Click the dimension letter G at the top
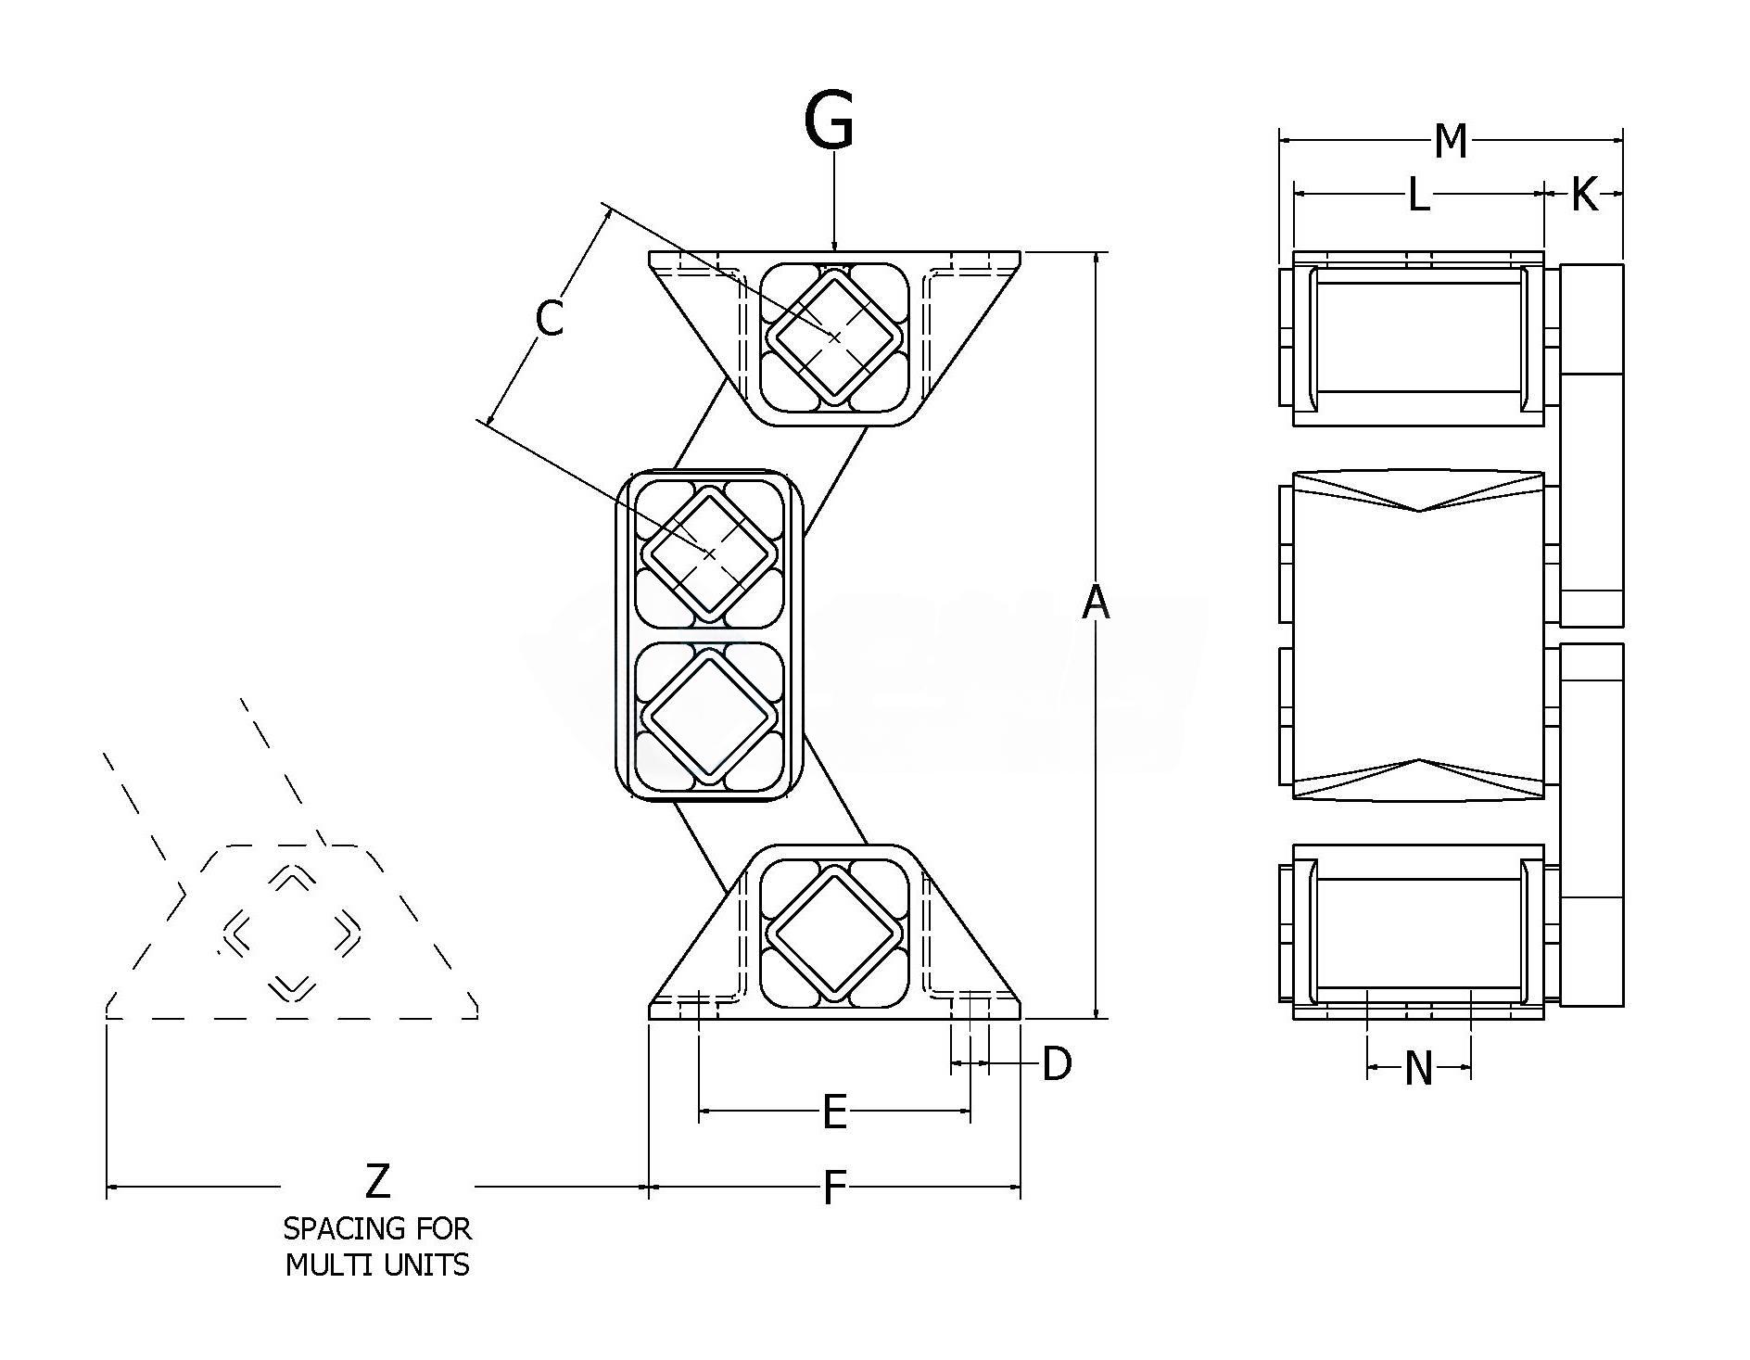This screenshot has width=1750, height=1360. pyautogui.click(x=829, y=121)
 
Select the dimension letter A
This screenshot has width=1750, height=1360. pyautogui.click(x=1096, y=603)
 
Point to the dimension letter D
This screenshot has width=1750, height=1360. pyautogui.click(x=1057, y=1064)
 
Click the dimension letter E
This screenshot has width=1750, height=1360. pyautogui.click(x=834, y=1112)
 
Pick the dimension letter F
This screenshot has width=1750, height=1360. pyautogui.click(x=834, y=1188)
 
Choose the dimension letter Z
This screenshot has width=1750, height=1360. pyautogui.click(x=377, y=1183)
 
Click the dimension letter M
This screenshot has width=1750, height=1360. pyautogui.click(x=1451, y=142)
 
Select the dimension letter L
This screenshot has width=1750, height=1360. pyautogui.click(x=1418, y=196)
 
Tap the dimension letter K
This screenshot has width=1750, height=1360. pyautogui.click(x=1584, y=196)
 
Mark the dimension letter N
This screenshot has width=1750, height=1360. pyautogui.click(x=1418, y=1069)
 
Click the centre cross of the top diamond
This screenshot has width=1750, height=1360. pyautogui.click(x=834, y=337)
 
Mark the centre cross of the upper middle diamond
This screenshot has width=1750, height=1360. pyautogui.click(x=710, y=553)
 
